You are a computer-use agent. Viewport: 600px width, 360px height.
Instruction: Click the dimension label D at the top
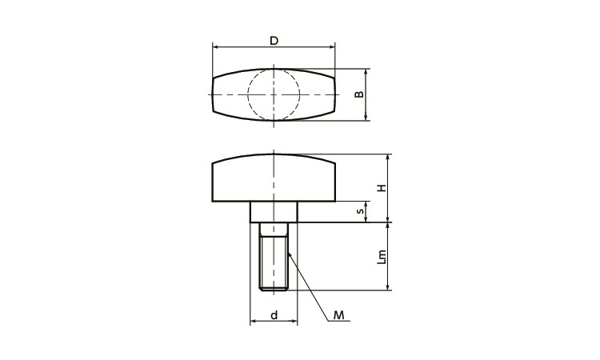click(x=274, y=41)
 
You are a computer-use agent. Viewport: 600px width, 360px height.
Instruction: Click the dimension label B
click(x=359, y=94)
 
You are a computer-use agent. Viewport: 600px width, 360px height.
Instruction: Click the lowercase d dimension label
click(x=274, y=316)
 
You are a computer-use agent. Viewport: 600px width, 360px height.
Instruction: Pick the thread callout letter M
click(x=338, y=316)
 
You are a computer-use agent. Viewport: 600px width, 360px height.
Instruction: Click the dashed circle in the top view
click(x=274, y=94)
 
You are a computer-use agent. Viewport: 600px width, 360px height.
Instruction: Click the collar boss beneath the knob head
click(x=274, y=211)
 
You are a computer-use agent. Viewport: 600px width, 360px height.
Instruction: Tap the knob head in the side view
click(x=274, y=179)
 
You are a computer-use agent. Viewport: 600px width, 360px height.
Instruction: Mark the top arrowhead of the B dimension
click(x=366, y=70)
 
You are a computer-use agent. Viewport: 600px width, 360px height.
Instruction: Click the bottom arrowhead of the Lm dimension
click(x=388, y=286)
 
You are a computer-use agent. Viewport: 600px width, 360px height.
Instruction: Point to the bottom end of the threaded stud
click(x=274, y=289)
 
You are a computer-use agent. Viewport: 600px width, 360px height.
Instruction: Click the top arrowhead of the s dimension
click(x=366, y=203)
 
